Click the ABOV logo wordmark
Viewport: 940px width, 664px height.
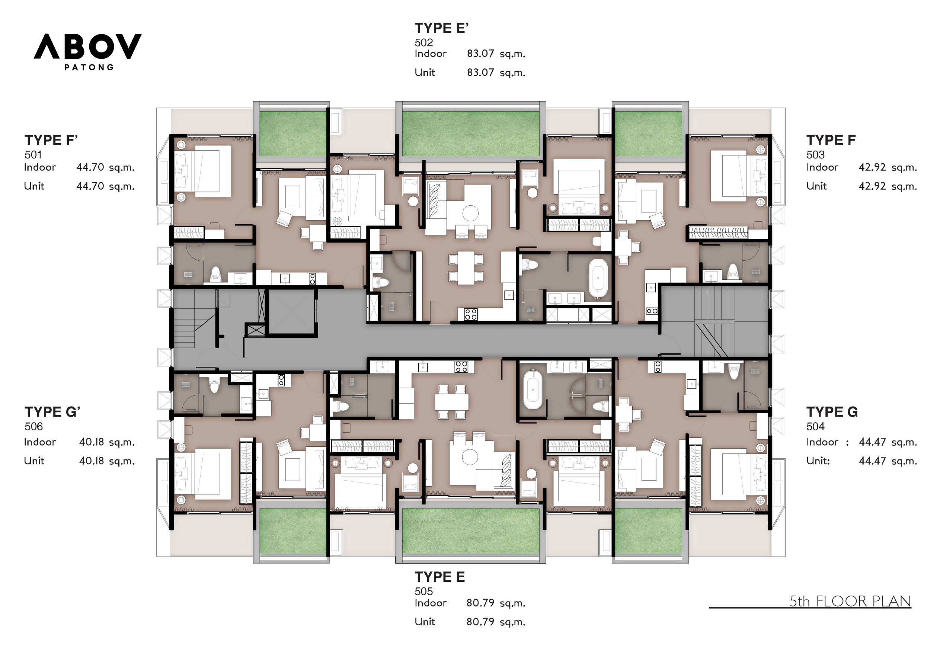(x=87, y=46)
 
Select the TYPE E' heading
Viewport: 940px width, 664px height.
(x=441, y=28)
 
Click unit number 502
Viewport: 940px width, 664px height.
(x=423, y=42)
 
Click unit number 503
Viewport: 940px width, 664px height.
(x=815, y=155)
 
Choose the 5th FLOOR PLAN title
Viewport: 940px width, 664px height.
(x=850, y=602)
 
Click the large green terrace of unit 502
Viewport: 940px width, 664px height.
(x=470, y=134)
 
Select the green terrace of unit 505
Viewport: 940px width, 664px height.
(x=470, y=531)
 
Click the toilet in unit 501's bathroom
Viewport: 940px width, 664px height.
(x=215, y=274)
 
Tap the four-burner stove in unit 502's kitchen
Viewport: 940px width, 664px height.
(x=470, y=314)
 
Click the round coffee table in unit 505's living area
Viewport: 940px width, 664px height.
(x=470, y=457)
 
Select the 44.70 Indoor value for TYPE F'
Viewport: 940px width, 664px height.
(x=90, y=167)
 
